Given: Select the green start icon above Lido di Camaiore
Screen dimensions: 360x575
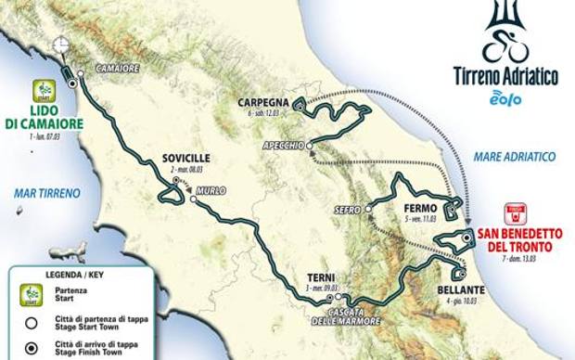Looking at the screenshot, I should point(44,91).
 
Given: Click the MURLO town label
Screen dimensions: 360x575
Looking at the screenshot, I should point(211,191).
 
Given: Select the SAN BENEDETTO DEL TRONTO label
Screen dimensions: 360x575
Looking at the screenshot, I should point(514,240).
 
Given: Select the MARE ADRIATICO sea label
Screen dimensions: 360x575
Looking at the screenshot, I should point(515,157).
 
